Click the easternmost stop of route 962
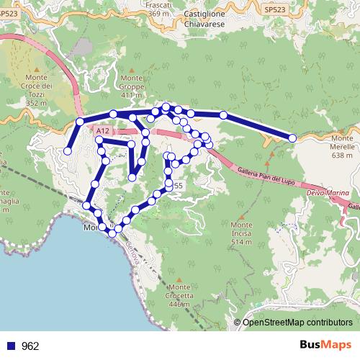[x=292, y=138]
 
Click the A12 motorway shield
[x=102, y=130]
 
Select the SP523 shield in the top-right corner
[x=274, y=9]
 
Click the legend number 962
[x=30, y=346]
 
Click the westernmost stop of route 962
[x=67, y=151]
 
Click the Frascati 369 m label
[x=159, y=9]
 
